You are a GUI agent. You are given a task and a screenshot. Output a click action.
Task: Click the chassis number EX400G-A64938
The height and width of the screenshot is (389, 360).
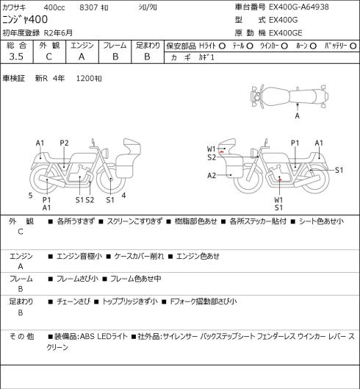coord(299,7)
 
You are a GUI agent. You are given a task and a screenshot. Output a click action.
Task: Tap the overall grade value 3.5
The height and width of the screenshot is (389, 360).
coord(16,57)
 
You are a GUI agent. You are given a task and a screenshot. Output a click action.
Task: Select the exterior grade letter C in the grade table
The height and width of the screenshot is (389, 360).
coord(48,57)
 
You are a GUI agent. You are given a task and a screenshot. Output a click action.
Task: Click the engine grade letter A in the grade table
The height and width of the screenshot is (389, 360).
coord(82,57)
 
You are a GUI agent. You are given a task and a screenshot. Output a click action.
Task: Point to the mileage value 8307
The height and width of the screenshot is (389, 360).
coord(88,7)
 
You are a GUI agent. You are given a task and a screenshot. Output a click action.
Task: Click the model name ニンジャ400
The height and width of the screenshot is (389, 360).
coord(25,20)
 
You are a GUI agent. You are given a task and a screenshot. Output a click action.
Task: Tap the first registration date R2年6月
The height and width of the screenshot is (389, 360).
coord(58,33)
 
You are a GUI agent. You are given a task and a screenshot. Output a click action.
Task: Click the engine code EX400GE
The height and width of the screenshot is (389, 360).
coord(286,33)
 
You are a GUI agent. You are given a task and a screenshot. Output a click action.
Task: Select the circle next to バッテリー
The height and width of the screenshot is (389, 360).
coord(353,46)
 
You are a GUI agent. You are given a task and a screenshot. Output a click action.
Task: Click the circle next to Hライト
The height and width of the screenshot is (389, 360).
coord(222,46)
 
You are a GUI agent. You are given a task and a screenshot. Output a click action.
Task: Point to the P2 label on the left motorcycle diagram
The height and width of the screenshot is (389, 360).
coord(64,143)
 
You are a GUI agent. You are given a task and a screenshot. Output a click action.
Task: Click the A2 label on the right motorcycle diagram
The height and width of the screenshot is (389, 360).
coord(212,176)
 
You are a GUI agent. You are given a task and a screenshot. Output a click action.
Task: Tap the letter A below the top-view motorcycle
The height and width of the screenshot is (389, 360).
coord(298,115)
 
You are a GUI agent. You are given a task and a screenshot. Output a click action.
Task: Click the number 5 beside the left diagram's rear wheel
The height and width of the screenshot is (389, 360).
coord(30,196)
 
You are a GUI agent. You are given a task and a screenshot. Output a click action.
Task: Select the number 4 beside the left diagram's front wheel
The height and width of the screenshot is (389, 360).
coord(123,196)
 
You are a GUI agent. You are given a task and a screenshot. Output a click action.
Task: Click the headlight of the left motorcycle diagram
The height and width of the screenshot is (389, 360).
coord(106,153)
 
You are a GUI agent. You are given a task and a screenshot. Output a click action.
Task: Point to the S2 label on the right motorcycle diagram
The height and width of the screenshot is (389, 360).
coord(212,157)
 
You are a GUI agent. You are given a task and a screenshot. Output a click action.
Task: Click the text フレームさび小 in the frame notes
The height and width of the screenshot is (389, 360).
coord(77,279)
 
